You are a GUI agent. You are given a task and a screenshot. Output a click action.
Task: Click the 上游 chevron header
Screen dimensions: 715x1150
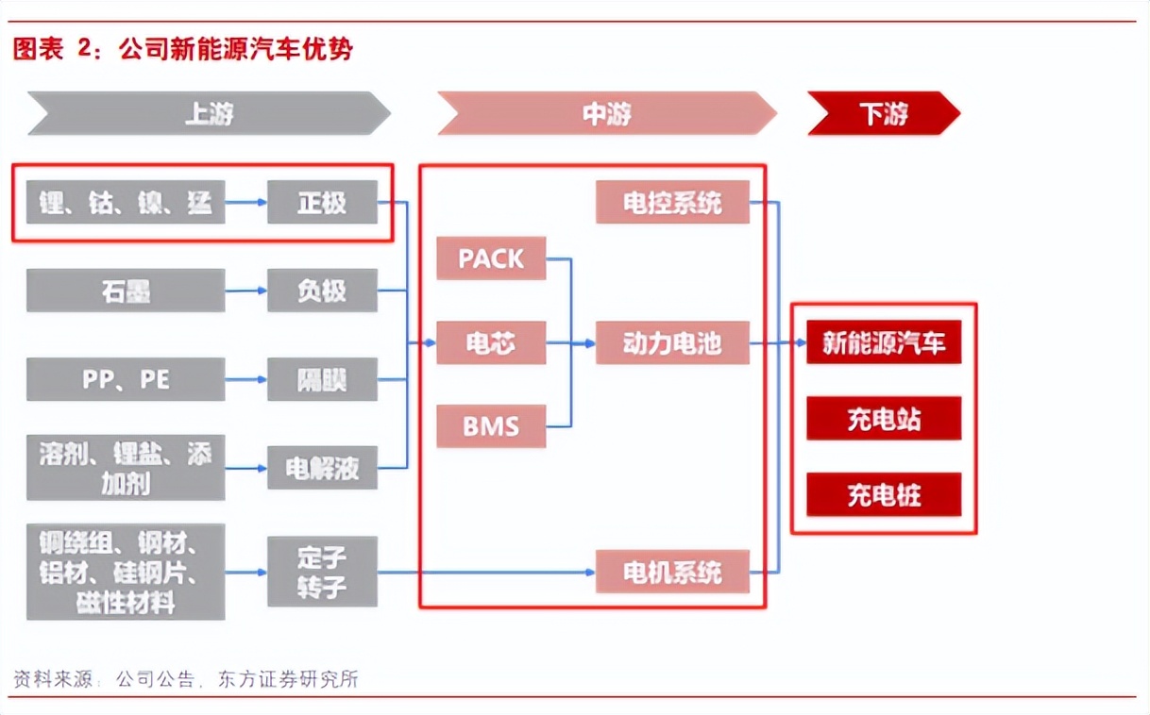pos(209,114)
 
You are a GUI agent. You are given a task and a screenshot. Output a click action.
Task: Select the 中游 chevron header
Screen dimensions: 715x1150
pos(606,114)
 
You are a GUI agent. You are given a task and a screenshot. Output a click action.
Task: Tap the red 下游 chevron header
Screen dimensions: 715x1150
pos(883,114)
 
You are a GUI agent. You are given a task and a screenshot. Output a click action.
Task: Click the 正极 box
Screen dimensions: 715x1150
pos(322,202)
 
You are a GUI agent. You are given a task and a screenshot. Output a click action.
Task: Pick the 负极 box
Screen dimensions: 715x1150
pos(322,291)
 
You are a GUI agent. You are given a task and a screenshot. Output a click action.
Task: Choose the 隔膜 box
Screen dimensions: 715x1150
pos(322,379)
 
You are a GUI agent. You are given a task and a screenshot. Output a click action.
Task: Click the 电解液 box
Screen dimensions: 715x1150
pos(322,468)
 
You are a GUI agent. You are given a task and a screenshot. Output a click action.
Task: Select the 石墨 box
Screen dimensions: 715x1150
pos(126,291)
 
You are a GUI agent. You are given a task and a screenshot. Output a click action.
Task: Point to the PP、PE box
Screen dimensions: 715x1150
pos(126,379)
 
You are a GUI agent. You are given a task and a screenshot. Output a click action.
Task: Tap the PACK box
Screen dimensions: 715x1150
pos(491,258)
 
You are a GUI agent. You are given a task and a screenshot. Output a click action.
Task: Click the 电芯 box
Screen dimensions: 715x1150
pos(491,343)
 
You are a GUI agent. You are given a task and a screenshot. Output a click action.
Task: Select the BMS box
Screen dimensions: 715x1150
pos(491,425)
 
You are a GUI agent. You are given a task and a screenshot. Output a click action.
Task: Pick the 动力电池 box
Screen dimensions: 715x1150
pos(672,343)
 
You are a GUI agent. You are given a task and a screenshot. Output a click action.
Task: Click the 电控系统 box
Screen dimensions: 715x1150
pos(672,202)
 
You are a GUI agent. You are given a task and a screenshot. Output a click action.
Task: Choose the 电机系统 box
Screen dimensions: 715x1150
pos(672,572)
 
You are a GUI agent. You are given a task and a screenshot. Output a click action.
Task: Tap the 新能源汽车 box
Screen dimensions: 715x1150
pos(884,343)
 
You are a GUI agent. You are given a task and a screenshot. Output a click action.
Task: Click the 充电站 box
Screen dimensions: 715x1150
pos(884,419)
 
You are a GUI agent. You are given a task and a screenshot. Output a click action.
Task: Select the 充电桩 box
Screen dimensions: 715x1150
pos(884,495)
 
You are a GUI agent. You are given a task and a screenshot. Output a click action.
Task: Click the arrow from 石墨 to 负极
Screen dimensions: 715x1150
pos(246,291)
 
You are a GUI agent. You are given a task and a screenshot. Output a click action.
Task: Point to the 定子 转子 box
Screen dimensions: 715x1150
pos(322,572)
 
